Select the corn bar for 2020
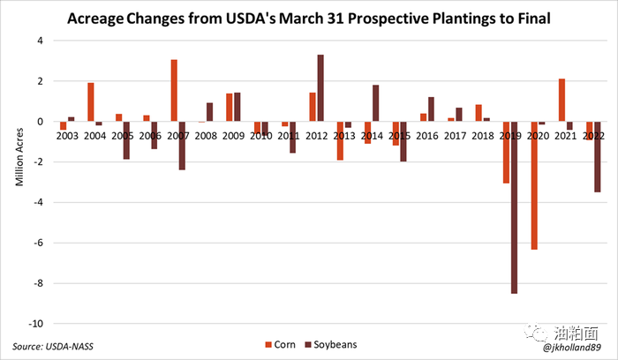[x=533, y=185]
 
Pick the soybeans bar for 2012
[x=320, y=88]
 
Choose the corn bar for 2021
[x=561, y=101]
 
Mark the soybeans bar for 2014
[x=375, y=103]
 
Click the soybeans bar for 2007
[x=182, y=146]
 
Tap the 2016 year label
[x=426, y=136]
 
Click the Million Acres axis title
[x=17, y=161]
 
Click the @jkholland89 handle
[x=573, y=348]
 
